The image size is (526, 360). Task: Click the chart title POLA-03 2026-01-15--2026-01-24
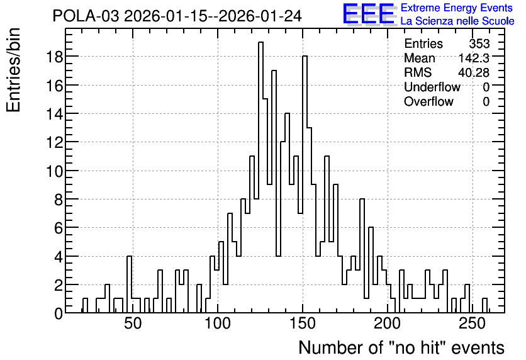pyautogui.click(x=177, y=16)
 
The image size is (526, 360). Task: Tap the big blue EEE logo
pyautogui.click(x=369, y=14)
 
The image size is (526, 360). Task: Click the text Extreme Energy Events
pyautogui.click(x=457, y=8)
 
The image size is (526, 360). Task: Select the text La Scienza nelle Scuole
pyautogui.click(x=457, y=21)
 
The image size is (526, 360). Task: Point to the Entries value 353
pyautogui.click(x=479, y=43)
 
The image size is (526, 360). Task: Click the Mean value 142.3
pyautogui.click(x=474, y=58)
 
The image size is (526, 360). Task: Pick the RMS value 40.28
pyautogui.click(x=474, y=72)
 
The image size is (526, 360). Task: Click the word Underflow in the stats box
pyautogui.click(x=432, y=87)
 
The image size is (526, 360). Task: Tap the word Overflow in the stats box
pyautogui.click(x=428, y=101)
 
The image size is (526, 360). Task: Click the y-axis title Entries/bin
pyautogui.click(x=13, y=70)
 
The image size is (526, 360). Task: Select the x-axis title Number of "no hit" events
pyautogui.click(x=401, y=347)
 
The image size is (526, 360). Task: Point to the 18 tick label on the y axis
pyautogui.click(x=54, y=57)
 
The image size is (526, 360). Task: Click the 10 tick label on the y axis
pyautogui.click(x=54, y=171)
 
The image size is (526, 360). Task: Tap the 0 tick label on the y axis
pyautogui.click(x=59, y=313)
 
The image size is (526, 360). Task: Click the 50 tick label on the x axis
pyautogui.click(x=133, y=323)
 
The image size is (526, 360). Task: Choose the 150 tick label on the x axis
pyautogui.click(x=303, y=323)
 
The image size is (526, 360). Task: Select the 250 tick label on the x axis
pyautogui.click(x=473, y=323)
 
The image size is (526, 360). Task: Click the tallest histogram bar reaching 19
pyautogui.click(x=260, y=177)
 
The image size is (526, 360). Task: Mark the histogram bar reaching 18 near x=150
pyautogui.click(x=305, y=184)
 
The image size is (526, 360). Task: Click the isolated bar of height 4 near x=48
pyautogui.click(x=129, y=284)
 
